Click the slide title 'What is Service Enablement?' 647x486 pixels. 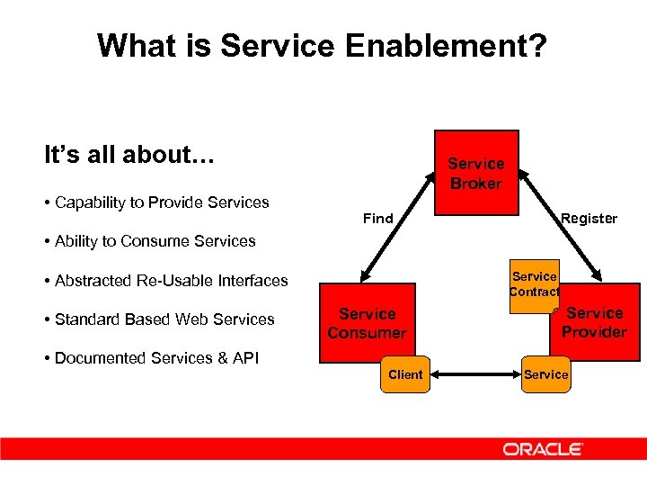321,45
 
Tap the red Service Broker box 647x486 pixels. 476,173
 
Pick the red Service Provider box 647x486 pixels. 594,322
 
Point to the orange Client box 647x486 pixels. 405,374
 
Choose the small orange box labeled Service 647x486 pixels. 546,374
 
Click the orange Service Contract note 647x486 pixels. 534,284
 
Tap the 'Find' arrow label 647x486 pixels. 377,219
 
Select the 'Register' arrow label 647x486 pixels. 589,219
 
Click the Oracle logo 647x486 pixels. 543,449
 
